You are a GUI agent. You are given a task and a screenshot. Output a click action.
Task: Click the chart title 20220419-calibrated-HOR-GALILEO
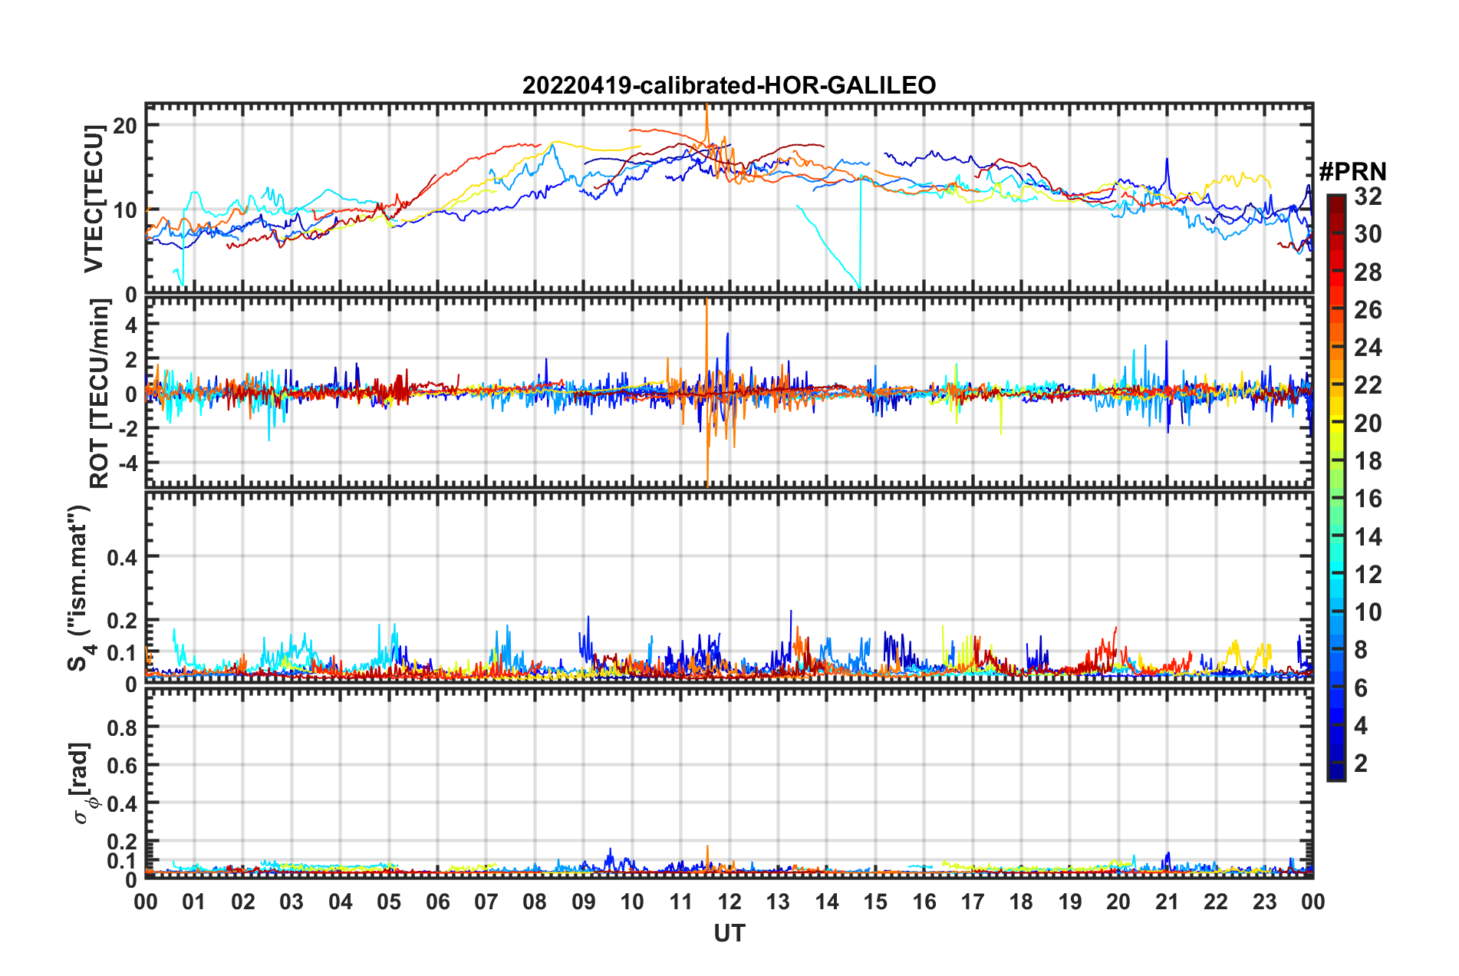pyautogui.click(x=729, y=85)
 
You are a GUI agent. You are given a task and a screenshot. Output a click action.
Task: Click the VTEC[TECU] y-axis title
pyautogui.click(x=94, y=199)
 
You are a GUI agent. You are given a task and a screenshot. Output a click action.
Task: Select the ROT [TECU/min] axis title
pyautogui.click(x=100, y=394)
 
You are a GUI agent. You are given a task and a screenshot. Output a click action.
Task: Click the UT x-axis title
pyautogui.click(x=729, y=933)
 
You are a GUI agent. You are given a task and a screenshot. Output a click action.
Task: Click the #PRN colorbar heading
pyautogui.click(x=1352, y=172)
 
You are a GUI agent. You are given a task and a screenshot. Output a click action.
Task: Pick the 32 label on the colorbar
pyautogui.click(x=1368, y=196)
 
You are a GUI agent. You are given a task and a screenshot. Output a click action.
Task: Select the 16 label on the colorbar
pyautogui.click(x=1368, y=499)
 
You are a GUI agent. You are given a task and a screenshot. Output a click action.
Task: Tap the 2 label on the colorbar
pyautogui.click(x=1361, y=763)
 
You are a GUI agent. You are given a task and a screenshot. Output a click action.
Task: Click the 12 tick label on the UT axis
pyautogui.click(x=729, y=902)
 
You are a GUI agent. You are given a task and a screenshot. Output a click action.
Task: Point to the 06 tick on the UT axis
pyautogui.click(x=437, y=902)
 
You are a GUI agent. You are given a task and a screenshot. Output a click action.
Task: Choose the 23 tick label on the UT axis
pyautogui.click(x=1264, y=902)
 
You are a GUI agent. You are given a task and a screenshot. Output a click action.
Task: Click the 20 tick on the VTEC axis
pyautogui.click(x=125, y=125)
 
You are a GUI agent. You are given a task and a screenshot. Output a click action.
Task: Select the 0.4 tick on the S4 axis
pyautogui.click(x=122, y=557)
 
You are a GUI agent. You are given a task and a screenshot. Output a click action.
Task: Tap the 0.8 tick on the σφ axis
pyautogui.click(x=122, y=727)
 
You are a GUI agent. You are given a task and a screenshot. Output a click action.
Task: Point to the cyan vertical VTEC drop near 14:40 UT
pyautogui.click(x=861, y=230)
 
